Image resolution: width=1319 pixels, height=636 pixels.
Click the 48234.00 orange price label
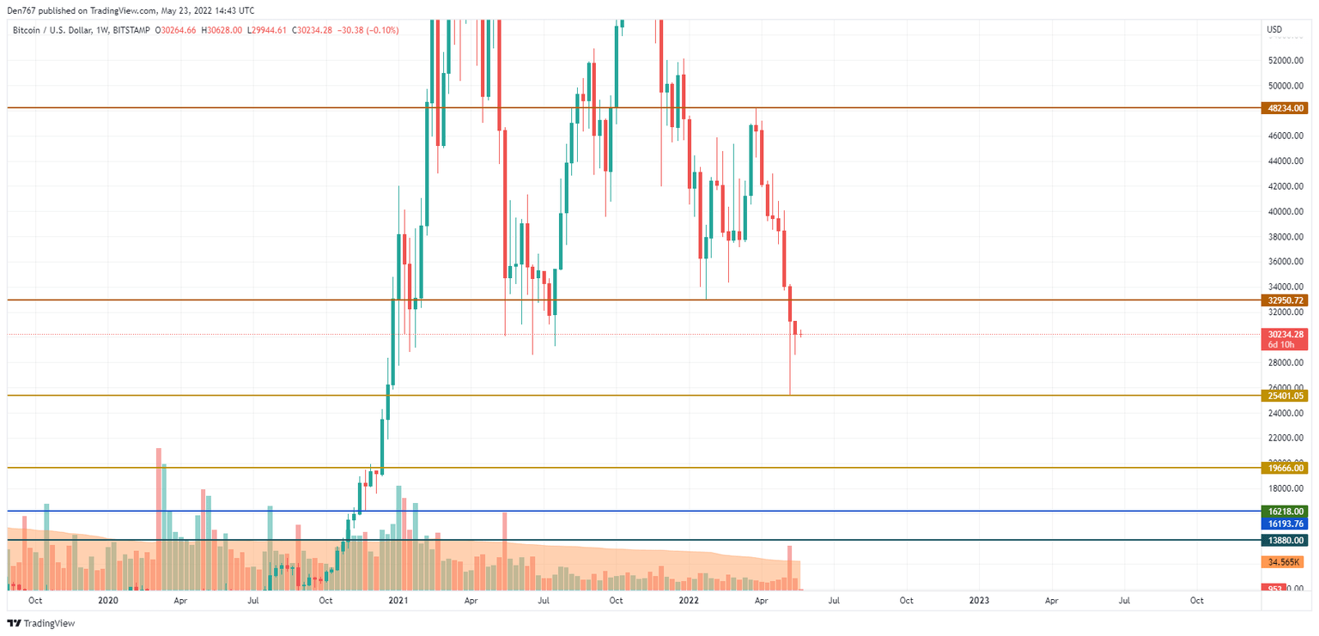1284,108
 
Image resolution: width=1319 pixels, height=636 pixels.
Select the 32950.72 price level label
1284,300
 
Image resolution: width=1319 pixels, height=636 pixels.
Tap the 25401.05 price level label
1284,396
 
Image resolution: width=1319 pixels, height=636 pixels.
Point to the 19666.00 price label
1284,468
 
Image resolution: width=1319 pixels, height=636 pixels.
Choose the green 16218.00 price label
1284,511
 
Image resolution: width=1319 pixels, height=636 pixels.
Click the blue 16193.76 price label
1284,523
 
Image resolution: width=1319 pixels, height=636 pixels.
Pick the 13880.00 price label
1284,540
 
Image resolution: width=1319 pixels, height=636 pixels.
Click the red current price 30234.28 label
1284,334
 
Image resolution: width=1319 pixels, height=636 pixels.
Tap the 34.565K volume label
1284,562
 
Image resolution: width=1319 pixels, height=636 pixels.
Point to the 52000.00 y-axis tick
1286,61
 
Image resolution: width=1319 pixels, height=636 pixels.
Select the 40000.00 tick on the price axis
1286,211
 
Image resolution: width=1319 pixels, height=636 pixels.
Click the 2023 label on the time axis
978,601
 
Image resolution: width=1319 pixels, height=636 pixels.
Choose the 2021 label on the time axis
398,601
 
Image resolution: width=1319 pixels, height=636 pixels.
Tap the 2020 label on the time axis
107,601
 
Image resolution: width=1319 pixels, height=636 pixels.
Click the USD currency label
1274,30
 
